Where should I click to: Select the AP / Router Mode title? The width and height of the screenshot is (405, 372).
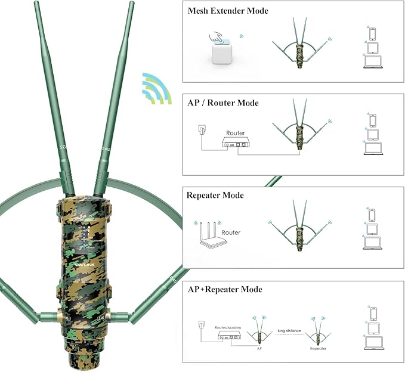(x=223, y=103)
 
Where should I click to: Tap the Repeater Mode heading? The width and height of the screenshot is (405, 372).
(x=215, y=195)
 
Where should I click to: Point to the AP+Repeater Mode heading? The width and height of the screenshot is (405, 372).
(x=225, y=289)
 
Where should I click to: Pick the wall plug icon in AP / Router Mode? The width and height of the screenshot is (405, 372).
(x=201, y=132)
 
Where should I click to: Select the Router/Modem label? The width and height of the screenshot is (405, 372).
(x=230, y=327)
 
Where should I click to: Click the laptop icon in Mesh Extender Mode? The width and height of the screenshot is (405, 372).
(x=373, y=60)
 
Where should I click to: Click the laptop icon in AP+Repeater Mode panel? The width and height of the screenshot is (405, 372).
(x=373, y=341)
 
